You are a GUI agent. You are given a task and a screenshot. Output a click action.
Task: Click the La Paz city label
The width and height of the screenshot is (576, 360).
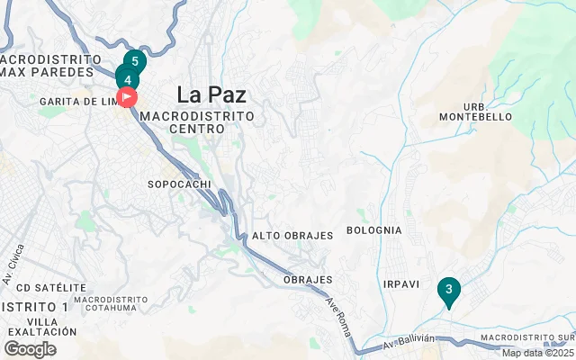click(x=212, y=94)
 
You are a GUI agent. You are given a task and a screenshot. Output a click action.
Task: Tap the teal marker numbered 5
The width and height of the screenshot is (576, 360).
click(x=135, y=62)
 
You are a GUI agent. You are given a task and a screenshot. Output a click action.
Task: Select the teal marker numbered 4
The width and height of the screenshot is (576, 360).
click(x=127, y=78)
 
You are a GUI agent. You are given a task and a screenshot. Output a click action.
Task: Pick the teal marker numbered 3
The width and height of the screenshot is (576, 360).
click(x=448, y=290)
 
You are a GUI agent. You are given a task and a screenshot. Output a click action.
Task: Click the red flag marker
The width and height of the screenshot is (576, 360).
click(x=127, y=95)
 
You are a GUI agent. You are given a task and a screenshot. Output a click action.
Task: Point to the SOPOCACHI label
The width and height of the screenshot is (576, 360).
click(x=178, y=184)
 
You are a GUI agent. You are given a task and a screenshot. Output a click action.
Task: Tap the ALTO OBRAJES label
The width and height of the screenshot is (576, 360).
click(x=292, y=236)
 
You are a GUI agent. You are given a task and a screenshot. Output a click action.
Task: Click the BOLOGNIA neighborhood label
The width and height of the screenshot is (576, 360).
click(x=373, y=230)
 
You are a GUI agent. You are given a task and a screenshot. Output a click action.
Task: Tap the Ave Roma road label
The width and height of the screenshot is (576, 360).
click(x=337, y=317)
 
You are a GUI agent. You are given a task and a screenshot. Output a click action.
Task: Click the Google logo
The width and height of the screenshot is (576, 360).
click(x=31, y=349)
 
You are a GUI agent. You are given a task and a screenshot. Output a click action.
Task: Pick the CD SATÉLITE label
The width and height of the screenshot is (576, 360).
click(x=43, y=288)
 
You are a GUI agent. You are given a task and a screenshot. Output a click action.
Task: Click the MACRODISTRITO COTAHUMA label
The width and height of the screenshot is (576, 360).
click(x=112, y=304)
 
